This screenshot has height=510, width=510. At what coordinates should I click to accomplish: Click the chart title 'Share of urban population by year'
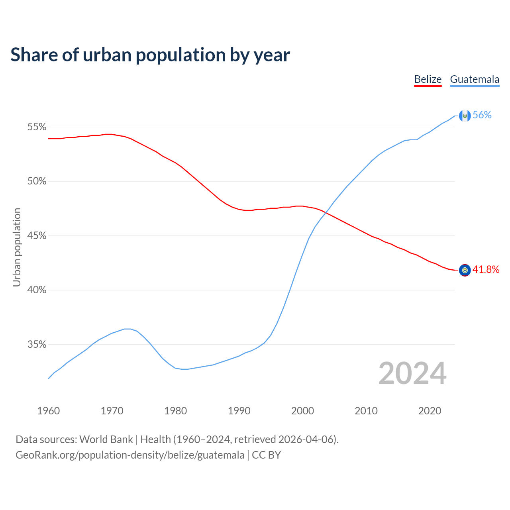(150, 55)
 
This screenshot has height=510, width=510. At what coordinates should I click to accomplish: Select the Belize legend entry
(428, 79)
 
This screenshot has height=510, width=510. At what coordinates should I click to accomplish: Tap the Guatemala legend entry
(475, 79)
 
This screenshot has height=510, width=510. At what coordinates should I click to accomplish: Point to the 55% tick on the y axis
(37, 127)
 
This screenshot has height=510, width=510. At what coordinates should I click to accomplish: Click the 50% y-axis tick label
(37, 181)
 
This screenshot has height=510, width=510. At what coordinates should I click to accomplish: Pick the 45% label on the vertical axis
(37, 236)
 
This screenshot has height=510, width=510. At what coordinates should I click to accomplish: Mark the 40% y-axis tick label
(37, 290)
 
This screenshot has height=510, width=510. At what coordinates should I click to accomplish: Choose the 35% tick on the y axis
(37, 345)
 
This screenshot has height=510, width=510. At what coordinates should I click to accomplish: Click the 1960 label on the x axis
(49, 411)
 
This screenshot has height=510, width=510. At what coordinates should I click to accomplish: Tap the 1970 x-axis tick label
(112, 411)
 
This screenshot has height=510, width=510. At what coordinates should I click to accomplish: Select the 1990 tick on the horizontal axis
(239, 411)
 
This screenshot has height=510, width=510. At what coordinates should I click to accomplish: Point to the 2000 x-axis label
(302, 411)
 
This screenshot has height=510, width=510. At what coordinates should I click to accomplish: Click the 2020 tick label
(430, 411)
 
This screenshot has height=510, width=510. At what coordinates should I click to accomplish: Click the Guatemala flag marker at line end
(465, 116)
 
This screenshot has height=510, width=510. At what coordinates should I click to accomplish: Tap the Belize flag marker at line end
(465, 270)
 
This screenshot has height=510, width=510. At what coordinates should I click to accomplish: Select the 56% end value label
(482, 115)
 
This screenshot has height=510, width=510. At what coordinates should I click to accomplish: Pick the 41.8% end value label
(486, 270)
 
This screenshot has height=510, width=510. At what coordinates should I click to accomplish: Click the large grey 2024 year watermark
(412, 373)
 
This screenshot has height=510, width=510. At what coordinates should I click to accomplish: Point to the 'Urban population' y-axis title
(17, 247)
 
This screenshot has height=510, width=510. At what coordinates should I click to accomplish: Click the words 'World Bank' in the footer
(106, 439)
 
